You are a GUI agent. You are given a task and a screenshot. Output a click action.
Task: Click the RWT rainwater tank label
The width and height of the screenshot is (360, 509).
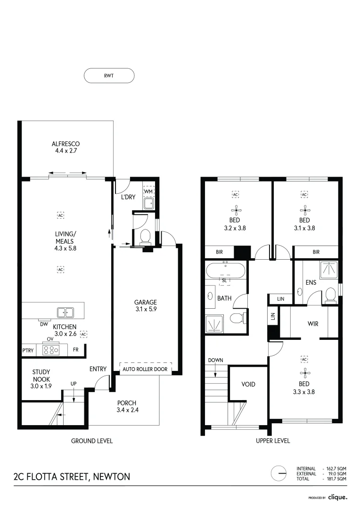(109, 75)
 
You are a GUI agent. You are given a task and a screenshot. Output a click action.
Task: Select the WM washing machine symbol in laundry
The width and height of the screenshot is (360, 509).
(148, 192)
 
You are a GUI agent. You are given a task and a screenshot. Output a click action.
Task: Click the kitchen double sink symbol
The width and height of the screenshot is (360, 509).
(65, 312)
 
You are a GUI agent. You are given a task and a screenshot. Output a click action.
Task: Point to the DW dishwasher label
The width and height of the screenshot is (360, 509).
(43, 324)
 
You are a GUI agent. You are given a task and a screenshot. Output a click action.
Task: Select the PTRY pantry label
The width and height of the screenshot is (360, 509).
(28, 351)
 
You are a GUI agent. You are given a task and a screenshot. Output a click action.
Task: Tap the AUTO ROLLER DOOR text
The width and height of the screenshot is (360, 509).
(145, 369)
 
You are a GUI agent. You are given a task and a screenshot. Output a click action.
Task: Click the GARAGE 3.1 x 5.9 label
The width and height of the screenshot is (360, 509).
(146, 306)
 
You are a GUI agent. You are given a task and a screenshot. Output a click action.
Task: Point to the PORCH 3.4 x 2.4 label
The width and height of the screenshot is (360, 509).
(127, 406)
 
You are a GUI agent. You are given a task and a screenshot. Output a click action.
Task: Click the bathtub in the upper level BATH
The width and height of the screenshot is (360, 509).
(225, 271)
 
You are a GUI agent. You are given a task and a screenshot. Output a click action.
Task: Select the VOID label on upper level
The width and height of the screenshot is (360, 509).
(248, 384)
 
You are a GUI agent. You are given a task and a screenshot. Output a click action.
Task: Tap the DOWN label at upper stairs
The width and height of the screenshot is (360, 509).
(215, 360)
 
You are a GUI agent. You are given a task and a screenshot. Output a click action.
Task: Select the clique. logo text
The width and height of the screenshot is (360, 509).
(337, 497)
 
